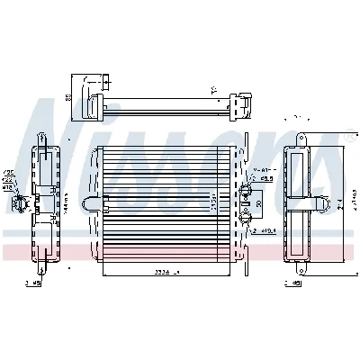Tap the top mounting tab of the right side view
(x=301, y=138)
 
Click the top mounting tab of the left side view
(x=41, y=138)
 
